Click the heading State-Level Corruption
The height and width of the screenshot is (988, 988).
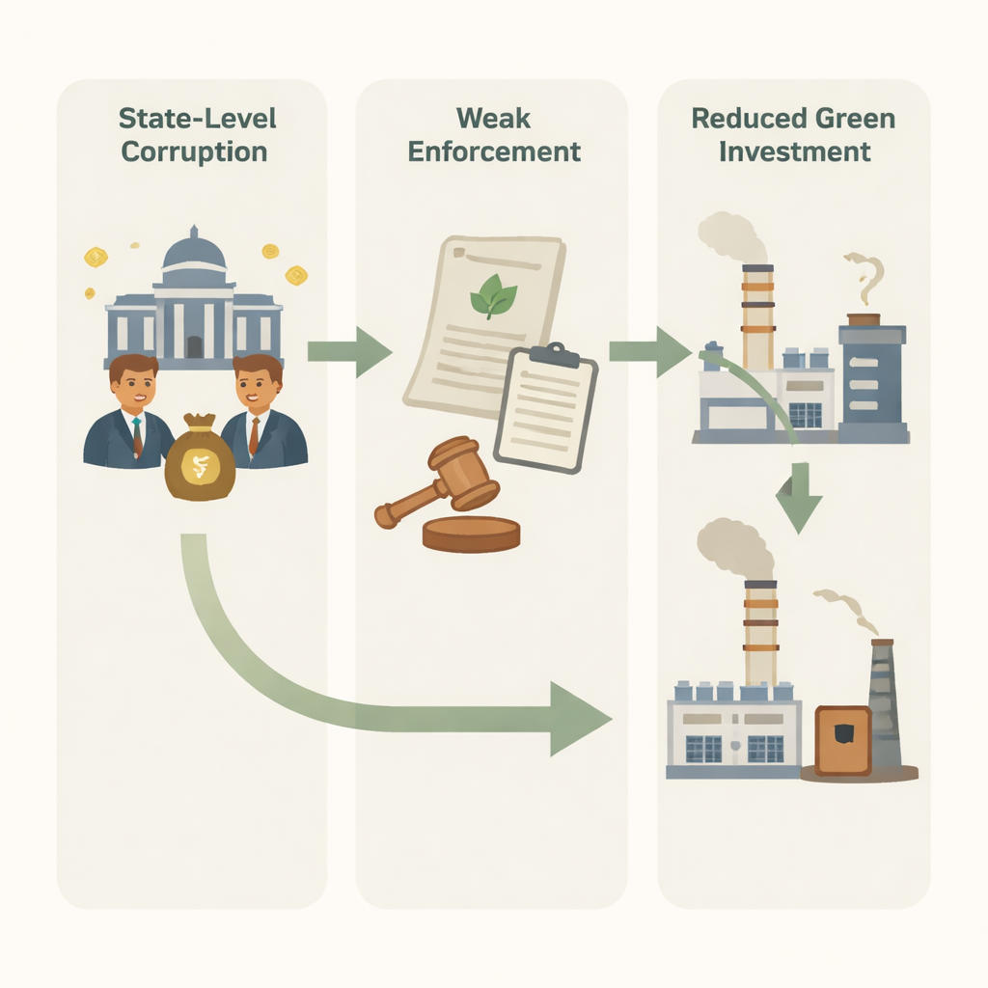[196, 135]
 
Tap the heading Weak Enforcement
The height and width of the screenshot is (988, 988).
[494, 135]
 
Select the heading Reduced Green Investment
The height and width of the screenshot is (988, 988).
[793, 135]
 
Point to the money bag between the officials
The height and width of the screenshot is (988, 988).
[200, 459]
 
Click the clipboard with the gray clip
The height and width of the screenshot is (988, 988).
[545, 407]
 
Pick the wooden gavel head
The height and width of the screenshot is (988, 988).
[462, 473]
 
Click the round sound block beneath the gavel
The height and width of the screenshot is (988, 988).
[471, 534]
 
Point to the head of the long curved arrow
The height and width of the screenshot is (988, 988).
[579, 719]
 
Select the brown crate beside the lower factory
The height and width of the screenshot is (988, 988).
[842, 740]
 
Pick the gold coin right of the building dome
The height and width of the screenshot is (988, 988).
[270, 252]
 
